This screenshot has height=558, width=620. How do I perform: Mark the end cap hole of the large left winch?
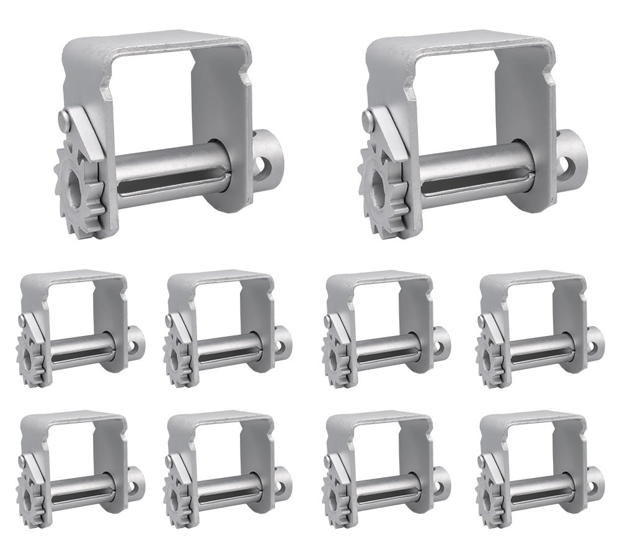point(265,166)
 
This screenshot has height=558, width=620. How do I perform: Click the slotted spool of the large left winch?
point(170,170)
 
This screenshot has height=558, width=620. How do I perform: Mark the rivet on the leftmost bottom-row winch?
point(23,461)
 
